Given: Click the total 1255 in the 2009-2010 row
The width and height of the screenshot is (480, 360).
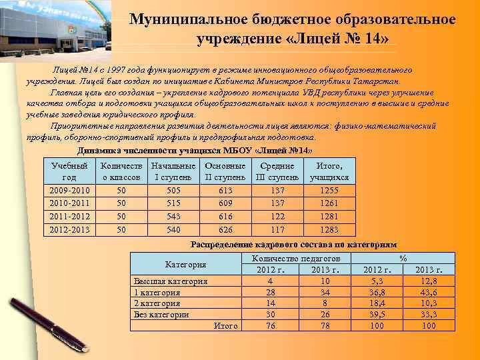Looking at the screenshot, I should (329, 190).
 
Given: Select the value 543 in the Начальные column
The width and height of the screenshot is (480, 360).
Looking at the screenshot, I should (173, 216).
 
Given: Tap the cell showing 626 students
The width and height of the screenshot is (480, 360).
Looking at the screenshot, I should (225, 229).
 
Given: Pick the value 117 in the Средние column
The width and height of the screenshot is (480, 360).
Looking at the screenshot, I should (278, 229).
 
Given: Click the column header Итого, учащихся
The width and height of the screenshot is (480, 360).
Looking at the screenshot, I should (329, 171).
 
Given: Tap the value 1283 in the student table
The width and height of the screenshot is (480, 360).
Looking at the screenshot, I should (329, 229).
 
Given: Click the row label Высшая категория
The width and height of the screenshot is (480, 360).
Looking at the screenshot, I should (170, 281).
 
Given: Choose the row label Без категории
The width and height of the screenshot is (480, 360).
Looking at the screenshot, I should (161, 314).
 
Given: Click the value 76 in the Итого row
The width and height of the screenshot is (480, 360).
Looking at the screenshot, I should (271, 325).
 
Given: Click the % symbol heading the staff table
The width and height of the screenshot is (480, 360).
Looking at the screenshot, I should (402, 257).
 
